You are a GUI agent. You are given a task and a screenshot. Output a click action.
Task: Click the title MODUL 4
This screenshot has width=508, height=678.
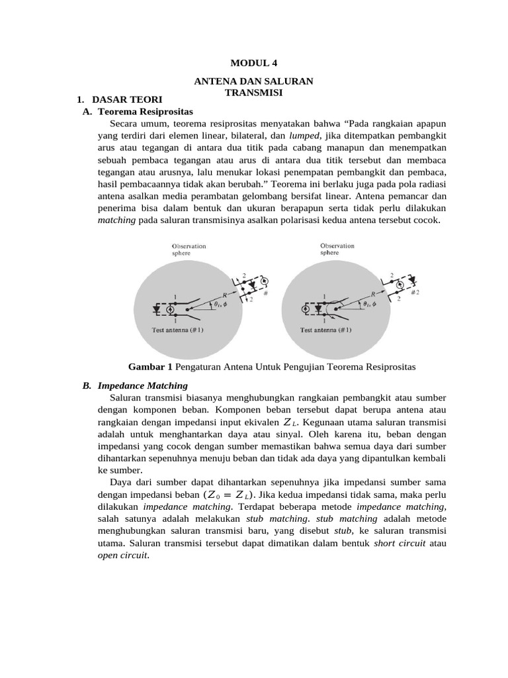254,64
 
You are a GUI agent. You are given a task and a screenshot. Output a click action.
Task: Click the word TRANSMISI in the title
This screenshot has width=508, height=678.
254,93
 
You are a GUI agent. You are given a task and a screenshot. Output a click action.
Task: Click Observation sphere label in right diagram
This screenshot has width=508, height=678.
337,249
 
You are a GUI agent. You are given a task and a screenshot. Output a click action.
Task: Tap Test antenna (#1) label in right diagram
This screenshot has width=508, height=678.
325,329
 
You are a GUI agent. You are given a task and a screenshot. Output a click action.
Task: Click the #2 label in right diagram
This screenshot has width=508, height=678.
415,293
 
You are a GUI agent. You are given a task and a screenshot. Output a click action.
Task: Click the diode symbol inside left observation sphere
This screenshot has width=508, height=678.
157,309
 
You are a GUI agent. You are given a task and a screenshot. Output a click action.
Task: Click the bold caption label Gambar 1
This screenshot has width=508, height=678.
151,366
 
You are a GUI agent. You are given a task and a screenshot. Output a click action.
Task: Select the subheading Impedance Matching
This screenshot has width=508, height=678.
142,385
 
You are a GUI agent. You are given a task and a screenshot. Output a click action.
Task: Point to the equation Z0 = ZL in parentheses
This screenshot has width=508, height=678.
228,494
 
